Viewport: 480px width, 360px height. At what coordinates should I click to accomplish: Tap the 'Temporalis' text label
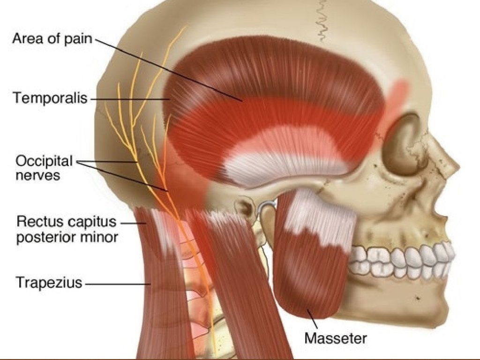[50, 98]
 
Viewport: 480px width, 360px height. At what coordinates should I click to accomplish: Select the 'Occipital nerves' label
[44, 168]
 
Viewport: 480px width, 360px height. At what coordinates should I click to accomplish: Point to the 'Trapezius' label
[49, 283]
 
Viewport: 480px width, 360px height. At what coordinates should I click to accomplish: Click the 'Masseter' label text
[336, 337]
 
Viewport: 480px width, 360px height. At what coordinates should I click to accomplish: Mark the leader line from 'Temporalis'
[129, 99]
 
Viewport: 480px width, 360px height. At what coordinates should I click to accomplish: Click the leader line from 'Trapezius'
[117, 284]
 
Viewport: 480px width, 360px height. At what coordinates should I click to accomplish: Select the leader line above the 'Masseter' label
[313, 319]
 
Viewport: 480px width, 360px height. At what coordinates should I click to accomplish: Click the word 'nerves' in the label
[37, 176]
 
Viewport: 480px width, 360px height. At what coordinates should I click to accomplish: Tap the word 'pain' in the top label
[78, 39]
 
